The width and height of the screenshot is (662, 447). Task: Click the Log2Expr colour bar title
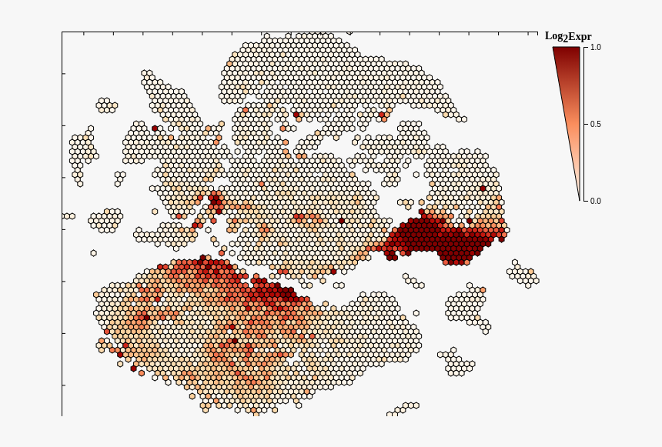click(x=568, y=36)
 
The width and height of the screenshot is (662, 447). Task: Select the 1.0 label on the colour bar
click(x=596, y=48)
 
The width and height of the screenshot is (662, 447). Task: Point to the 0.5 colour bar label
click(x=596, y=125)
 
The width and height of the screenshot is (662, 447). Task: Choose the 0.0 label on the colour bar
click(x=596, y=202)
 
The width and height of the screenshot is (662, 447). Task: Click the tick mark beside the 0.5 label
click(x=586, y=124)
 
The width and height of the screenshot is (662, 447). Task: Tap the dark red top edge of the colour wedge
click(x=566, y=48)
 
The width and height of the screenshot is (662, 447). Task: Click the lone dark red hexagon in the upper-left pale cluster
click(x=155, y=128)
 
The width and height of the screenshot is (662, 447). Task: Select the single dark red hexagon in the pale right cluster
click(x=483, y=188)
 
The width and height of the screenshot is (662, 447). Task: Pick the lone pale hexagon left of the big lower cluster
click(x=93, y=253)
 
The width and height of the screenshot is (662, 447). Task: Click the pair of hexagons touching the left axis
click(x=69, y=216)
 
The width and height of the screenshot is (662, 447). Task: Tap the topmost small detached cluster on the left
click(x=106, y=105)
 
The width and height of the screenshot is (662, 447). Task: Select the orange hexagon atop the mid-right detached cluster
click(x=483, y=290)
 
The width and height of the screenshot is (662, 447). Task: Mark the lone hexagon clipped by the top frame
click(x=349, y=33)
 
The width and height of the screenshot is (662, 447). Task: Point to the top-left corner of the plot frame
click(x=62, y=32)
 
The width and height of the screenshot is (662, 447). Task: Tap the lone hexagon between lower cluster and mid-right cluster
click(x=416, y=313)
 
